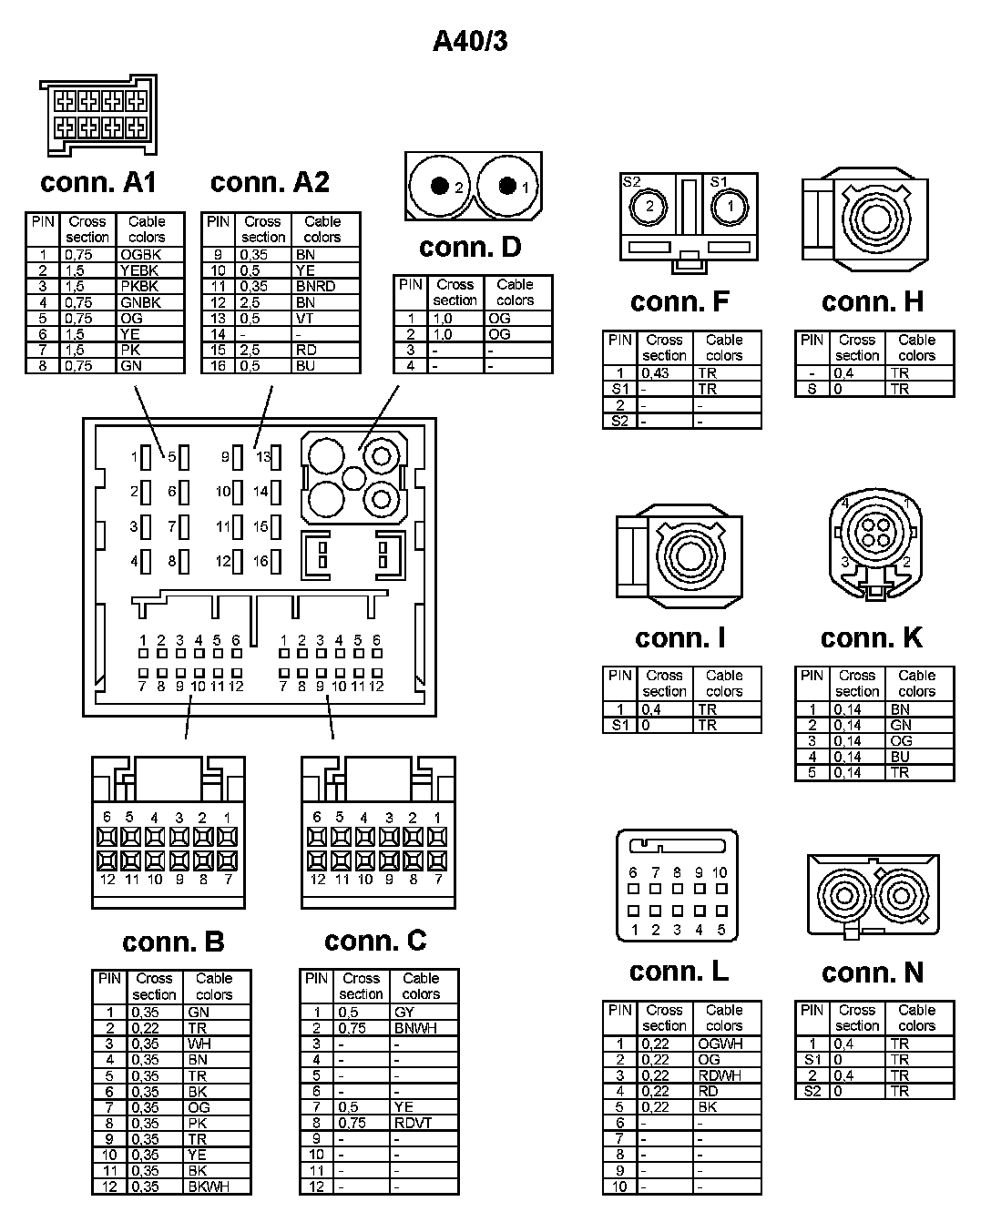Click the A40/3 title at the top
tap(470, 40)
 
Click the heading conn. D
tap(470, 247)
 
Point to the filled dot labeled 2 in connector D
tap(441, 186)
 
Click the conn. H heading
tap(872, 301)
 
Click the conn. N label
tap(872, 973)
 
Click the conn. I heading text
tap(679, 637)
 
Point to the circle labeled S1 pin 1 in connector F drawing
tap(730, 207)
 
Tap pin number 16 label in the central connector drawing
tap(261, 561)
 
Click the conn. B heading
tap(172, 942)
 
